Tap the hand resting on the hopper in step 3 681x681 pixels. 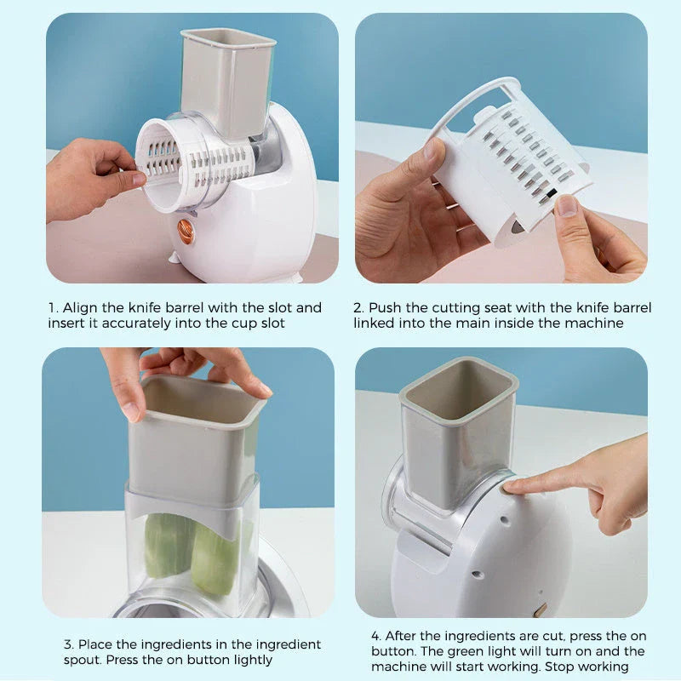click(x=187, y=370)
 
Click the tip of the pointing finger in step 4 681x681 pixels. click(x=508, y=486)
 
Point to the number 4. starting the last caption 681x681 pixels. click(x=376, y=636)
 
